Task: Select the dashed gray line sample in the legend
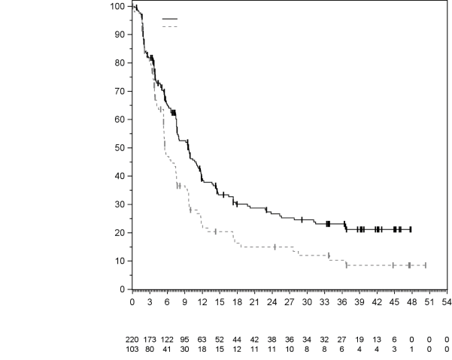pyautogui.click(x=170, y=26)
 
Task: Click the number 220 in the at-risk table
pyautogui.click(x=134, y=339)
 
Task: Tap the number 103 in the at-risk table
pyautogui.click(x=134, y=349)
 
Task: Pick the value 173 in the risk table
pyautogui.click(x=150, y=339)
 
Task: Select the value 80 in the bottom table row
pyautogui.click(x=150, y=349)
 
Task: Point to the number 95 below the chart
pyautogui.click(x=184, y=339)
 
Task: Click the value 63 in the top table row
pyautogui.click(x=202, y=339)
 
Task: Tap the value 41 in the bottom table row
pyautogui.click(x=167, y=349)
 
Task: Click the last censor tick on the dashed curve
pyautogui.click(x=425, y=265)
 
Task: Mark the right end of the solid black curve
pyautogui.click(x=411, y=229)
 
